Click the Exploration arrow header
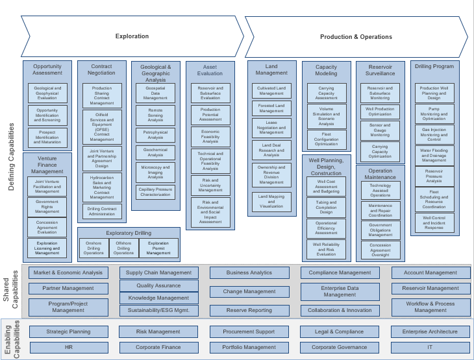(x=132, y=36)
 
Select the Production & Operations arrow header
(x=356, y=37)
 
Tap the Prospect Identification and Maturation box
(x=47, y=137)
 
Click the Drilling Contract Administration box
(x=102, y=211)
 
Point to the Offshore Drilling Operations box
(x=123, y=248)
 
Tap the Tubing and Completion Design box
(x=326, y=208)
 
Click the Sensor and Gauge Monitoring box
(x=380, y=130)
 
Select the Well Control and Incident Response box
(x=434, y=222)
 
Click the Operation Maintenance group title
(x=380, y=174)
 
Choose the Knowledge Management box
(x=159, y=298)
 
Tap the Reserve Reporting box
(x=249, y=311)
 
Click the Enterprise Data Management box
(x=340, y=291)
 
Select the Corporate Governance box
(x=340, y=348)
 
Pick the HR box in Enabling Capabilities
(x=69, y=348)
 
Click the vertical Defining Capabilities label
(x=11, y=158)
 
